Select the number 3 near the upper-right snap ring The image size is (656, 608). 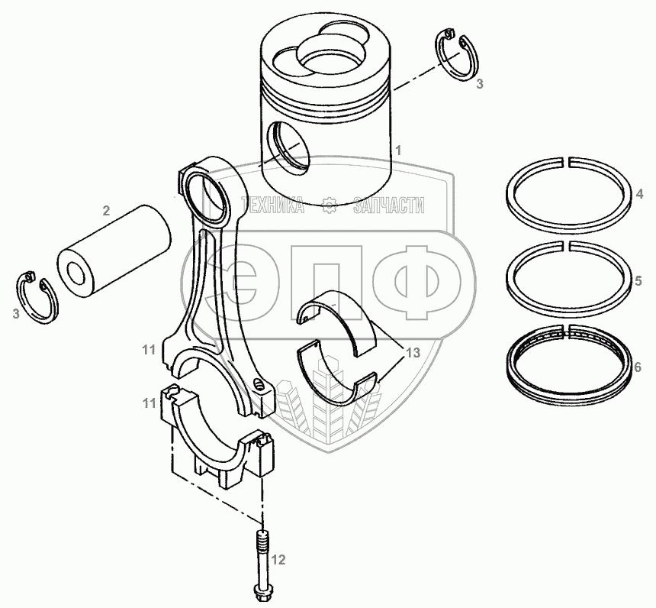click(x=479, y=85)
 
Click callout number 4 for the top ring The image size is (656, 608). click(x=638, y=195)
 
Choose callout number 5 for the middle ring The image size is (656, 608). click(x=638, y=280)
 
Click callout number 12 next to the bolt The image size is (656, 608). click(x=278, y=561)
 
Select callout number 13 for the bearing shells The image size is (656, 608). click(x=412, y=353)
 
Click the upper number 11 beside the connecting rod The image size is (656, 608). click(x=148, y=350)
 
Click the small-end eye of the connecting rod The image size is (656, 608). click(x=208, y=192)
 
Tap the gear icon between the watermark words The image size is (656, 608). click(x=330, y=205)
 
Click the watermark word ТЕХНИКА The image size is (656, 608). click(x=273, y=205)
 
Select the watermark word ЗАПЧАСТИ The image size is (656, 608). click(x=388, y=205)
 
